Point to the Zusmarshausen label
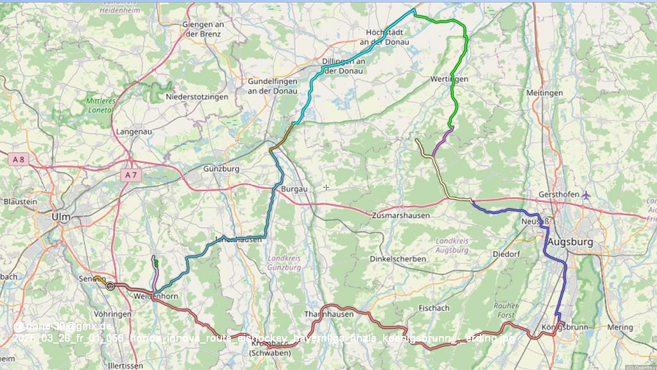pos(400,216)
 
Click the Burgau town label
pos(294,189)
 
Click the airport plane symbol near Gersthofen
pos(586,195)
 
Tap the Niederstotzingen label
pos(197,96)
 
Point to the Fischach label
pos(434,308)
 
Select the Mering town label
pos(620,327)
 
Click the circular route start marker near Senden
pos(110,286)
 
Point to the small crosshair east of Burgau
pos(326,187)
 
